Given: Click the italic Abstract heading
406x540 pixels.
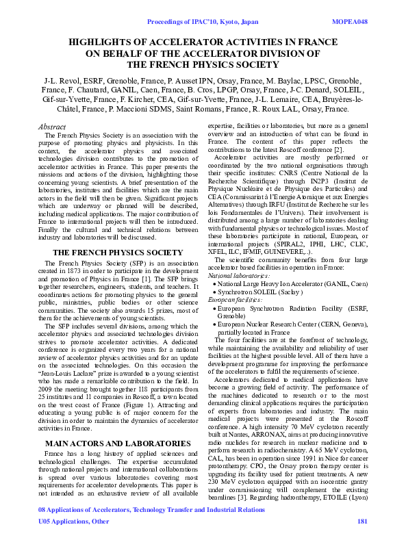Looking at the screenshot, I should [51, 127].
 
